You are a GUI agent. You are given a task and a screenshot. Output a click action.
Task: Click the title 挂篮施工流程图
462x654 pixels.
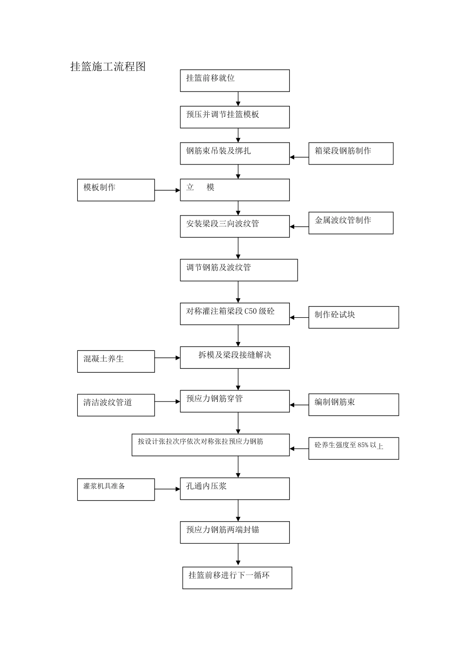tap(108, 67)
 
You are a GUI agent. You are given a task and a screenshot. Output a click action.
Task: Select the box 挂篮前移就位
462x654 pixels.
tap(234, 80)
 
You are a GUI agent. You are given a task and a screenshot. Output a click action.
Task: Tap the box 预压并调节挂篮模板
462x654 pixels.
tap(234, 117)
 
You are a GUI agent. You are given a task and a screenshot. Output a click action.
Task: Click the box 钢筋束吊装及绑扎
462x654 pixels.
tap(234, 153)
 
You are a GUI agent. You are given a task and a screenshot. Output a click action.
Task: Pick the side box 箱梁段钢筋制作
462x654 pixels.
tap(351, 153)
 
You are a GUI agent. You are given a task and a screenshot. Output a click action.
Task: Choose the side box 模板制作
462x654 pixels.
tap(116, 190)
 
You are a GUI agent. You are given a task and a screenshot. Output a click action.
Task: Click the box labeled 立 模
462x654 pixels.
tap(234, 190)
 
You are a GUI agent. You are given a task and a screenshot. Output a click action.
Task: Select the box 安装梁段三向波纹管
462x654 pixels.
tap(234, 226)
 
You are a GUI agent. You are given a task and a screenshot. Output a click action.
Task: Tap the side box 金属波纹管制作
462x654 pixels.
tap(351, 223)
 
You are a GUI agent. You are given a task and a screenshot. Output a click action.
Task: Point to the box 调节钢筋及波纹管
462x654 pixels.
tap(238, 270)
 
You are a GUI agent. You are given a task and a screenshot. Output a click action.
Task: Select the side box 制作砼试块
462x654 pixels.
tap(353, 317)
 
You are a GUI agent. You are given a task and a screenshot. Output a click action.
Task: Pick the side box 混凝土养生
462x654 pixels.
tap(116, 362)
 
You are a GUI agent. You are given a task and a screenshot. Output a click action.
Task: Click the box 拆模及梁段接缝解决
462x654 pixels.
tap(234, 358)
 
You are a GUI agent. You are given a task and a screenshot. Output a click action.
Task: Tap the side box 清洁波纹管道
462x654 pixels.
tap(116, 405)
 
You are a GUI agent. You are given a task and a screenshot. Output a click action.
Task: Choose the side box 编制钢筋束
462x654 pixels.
tap(353, 405)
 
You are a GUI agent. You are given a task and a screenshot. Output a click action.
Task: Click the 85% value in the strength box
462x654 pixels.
tap(363, 445)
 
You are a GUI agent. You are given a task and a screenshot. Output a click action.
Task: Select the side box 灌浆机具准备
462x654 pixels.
tap(116, 489)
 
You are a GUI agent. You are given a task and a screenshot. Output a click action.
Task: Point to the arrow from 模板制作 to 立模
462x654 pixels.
tap(167, 190)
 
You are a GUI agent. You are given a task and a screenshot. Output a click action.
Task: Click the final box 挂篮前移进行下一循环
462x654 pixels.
tap(237, 578)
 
